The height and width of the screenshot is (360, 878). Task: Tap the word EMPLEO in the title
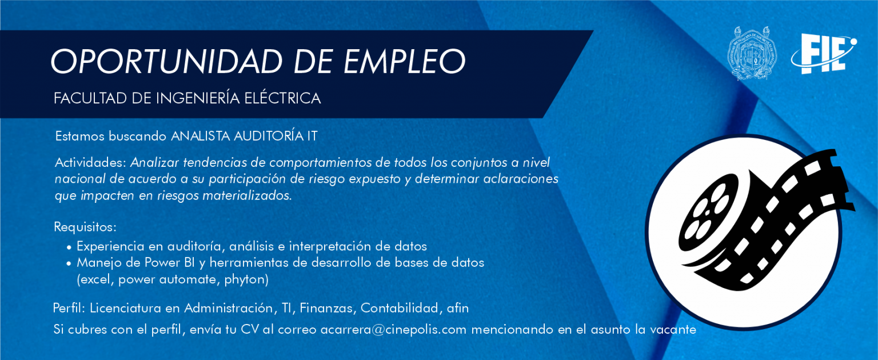pyautogui.click(x=405, y=62)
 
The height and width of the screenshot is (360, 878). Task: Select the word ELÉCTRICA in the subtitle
pyautogui.click(x=282, y=98)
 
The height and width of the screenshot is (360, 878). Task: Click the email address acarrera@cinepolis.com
pyautogui.click(x=393, y=330)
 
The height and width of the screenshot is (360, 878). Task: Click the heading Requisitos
pyautogui.click(x=85, y=227)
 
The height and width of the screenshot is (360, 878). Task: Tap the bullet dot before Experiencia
pyautogui.click(x=69, y=247)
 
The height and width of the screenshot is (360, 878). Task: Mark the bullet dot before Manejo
pyautogui.click(x=69, y=263)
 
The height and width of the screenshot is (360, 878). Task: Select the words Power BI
pyautogui.click(x=169, y=262)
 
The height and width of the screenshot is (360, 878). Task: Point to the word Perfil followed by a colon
pyautogui.click(x=69, y=308)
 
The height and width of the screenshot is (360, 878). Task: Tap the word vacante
pyautogui.click(x=673, y=330)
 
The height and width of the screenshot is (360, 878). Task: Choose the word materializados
pyautogui.click(x=247, y=195)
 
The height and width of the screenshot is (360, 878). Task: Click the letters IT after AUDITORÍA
pyautogui.click(x=312, y=137)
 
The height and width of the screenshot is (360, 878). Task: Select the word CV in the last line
pyautogui.click(x=250, y=330)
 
